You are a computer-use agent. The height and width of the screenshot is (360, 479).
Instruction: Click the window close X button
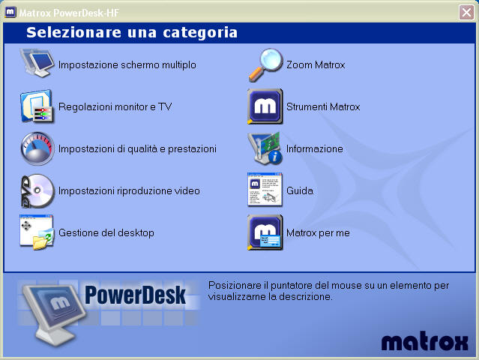(x=466, y=13)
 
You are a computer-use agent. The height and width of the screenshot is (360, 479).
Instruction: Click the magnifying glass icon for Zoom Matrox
(x=265, y=64)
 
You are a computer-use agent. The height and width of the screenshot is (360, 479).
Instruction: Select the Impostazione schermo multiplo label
(x=127, y=64)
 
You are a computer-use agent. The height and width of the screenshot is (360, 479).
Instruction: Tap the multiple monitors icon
(x=37, y=63)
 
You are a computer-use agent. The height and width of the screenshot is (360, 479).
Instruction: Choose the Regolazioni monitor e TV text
(x=115, y=106)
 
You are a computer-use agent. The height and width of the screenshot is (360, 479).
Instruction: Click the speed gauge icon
(x=37, y=148)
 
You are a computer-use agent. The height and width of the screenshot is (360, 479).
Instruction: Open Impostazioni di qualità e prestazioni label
(x=137, y=148)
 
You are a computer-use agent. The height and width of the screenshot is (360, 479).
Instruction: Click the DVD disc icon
(x=37, y=191)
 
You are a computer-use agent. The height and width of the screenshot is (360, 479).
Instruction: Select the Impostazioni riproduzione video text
(x=129, y=191)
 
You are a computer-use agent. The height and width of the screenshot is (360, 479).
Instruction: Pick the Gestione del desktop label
(x=106, y=232)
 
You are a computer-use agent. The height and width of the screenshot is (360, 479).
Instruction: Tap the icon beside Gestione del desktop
(x=37, y=232)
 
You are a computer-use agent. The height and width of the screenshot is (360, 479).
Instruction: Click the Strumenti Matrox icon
(x=265, y=106)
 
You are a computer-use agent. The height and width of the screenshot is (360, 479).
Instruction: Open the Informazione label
(x=314, y=148)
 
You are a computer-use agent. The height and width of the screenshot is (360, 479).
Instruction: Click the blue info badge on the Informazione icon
(x=275, y=157)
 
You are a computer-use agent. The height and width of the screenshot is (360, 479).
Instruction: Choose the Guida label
(x=299, y=191)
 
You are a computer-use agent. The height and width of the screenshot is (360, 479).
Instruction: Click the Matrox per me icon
(x=265, y=232)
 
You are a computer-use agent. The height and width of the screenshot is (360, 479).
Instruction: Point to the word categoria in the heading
(x=200, y=33)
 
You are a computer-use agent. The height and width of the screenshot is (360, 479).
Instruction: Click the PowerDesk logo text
(x=135, y=295)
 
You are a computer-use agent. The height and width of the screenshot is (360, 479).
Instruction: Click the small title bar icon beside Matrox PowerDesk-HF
(x=10, y=12)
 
